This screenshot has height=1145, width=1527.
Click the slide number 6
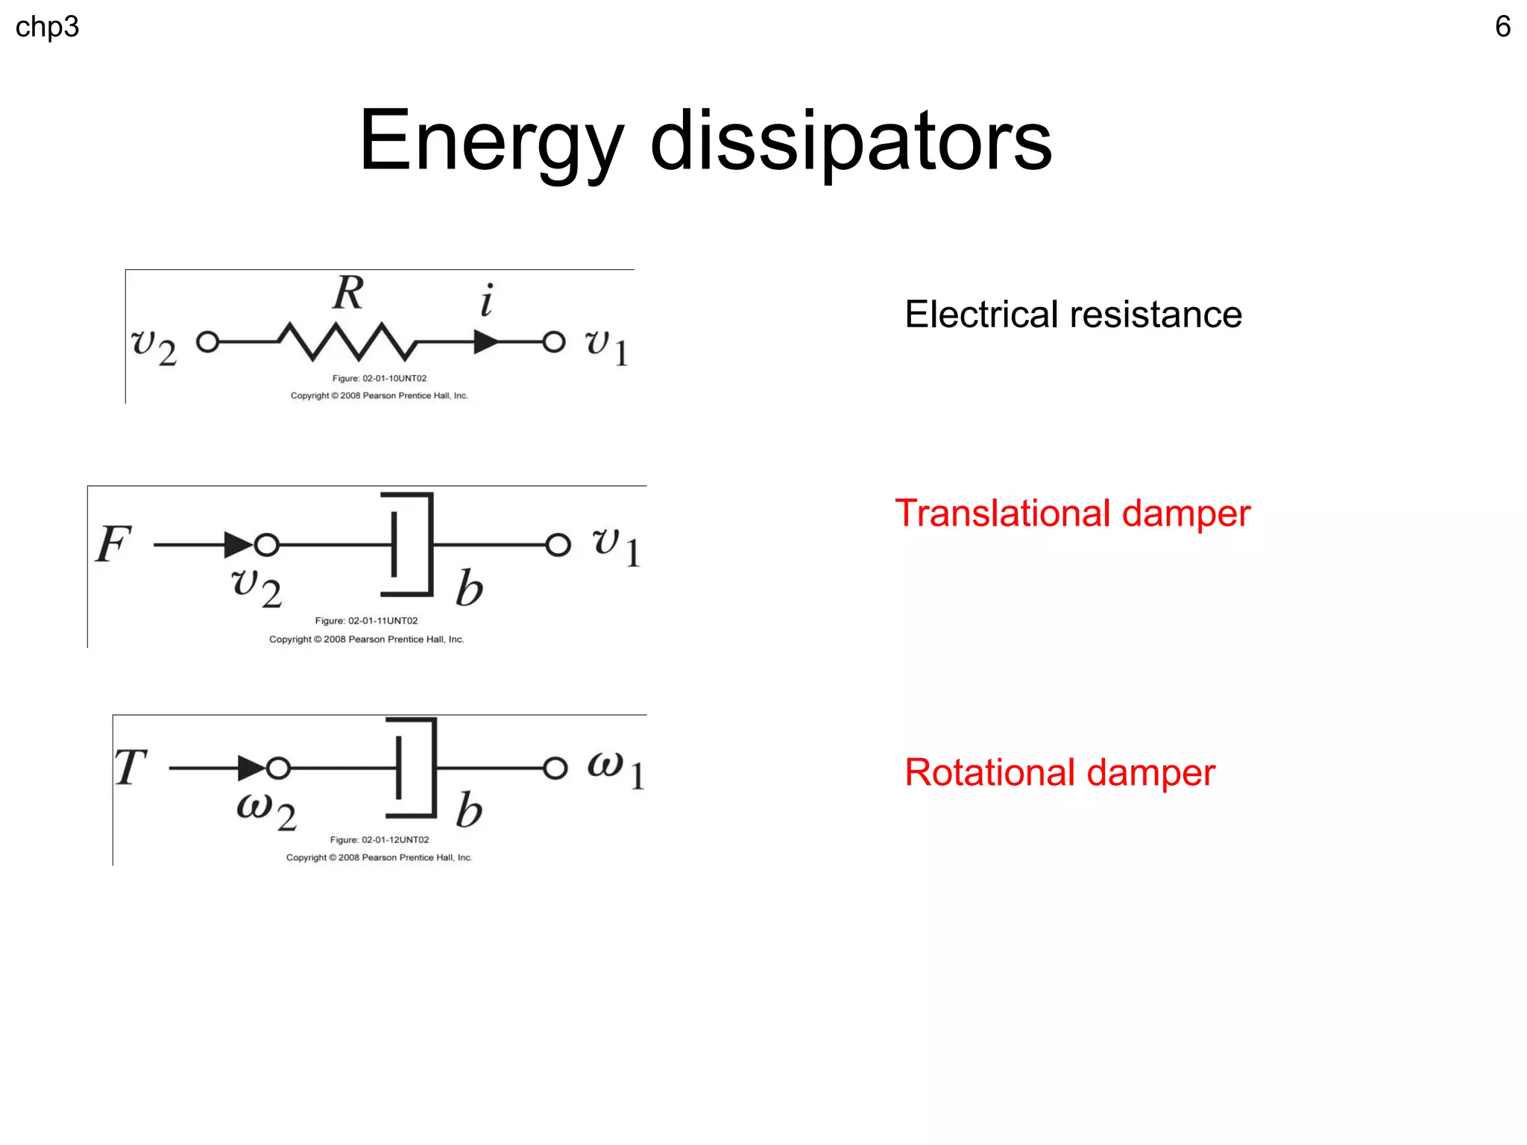coord(1502,27)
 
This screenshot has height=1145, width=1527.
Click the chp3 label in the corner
coord(47,28)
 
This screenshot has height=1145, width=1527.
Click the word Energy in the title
coord(491,142)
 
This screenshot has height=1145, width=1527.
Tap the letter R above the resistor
coord(348,292)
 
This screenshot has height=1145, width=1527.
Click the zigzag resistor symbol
coord(346,341)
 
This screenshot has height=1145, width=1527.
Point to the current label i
coord(487,300)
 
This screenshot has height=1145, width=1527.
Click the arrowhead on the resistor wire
coord(485,342)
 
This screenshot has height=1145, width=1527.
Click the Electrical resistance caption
coord(1073,314)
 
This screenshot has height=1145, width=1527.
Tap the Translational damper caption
coord(1072,514)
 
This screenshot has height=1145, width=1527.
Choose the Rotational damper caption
coord(1060,772)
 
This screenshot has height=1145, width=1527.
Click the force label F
coord(113,543)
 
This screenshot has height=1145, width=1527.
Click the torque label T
coord(130,767)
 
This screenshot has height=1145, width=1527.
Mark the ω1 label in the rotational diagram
coord(615,769)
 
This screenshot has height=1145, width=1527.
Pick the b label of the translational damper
coord(469,589)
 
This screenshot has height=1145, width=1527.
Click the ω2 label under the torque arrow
coord(266,810)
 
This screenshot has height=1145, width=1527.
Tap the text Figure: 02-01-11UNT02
coord(366,621)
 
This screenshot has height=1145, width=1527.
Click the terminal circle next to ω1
coord(555,768)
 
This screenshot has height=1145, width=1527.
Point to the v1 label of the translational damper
coord(616,546)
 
